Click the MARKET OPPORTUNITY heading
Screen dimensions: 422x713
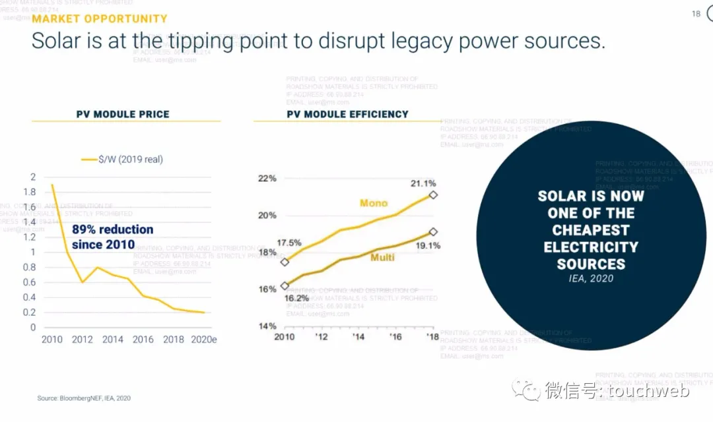click(x=100, y=19)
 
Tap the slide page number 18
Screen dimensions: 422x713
click(x=696, y=14)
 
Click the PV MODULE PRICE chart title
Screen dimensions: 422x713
click(x=123, y=114)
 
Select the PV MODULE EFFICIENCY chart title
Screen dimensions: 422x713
click(x=347, y=114)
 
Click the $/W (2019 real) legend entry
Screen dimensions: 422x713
click(x=130, y=159)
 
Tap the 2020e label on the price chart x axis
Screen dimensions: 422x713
click(x=203, y=340)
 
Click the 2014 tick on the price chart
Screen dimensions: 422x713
click(x=113, y=340)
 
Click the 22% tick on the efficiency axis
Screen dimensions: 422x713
click(x=267, y=178)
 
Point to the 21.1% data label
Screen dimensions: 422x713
click(x=423, y=183)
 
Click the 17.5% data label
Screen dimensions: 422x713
click(x=289, y=243)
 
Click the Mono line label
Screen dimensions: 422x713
click(x=374, y=203)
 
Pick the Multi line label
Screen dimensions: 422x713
click(x=382, y=257)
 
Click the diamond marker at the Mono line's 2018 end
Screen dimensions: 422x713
click(x=433, y=195)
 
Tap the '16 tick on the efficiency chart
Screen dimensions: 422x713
click(x=395, y=336)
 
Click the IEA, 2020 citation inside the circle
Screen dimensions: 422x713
click(x=591, y=278)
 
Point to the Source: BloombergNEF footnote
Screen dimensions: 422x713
click(x=84, y=398)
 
